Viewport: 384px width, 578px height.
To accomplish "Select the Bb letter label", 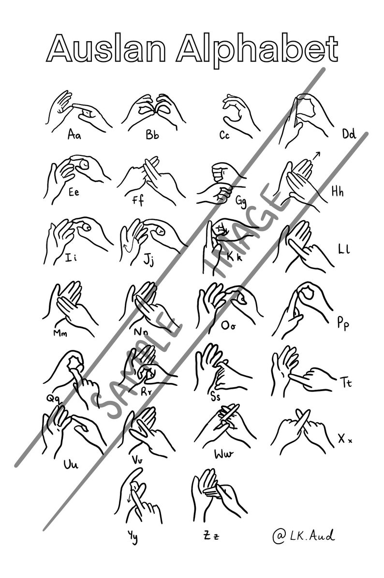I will tap(152, 135).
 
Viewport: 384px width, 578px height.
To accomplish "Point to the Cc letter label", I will tap(224, 136).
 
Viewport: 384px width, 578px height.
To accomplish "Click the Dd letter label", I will tap(349, 134).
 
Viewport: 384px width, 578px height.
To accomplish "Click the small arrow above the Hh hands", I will tap(317, 155).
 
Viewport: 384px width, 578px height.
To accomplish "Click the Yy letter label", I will tap(133, 536).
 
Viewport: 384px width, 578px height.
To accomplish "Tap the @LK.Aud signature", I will tap(303, 535).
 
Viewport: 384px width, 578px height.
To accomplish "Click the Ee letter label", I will tap(74, 192).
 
